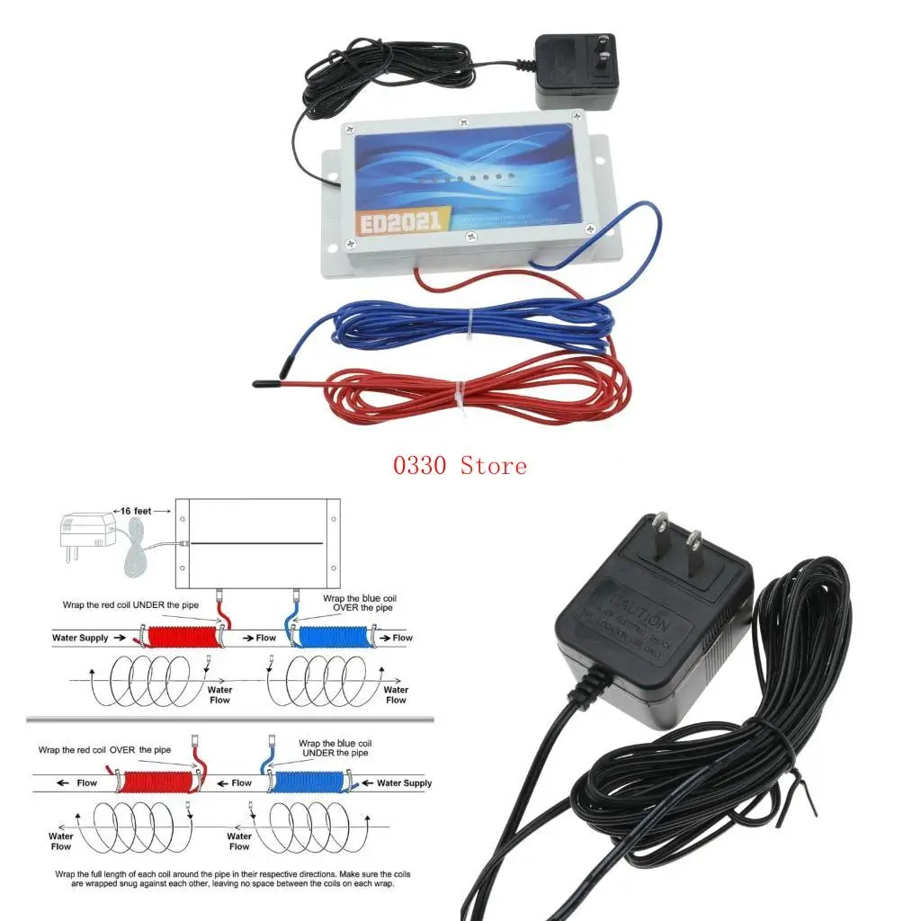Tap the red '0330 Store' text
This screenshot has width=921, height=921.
click(x=459, y=465)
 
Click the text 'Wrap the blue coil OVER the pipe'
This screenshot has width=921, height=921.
click(x=359, y=603)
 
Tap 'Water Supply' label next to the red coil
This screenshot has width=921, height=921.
click(x=80, y=638)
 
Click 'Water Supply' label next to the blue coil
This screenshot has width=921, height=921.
click(x=404, y=782)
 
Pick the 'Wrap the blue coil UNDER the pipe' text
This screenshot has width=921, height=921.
click(x=334, y=748)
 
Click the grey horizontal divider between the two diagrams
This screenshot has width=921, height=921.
click(x=230, y=720)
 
